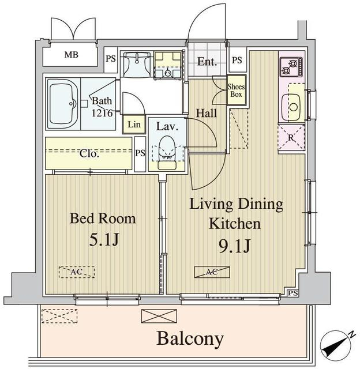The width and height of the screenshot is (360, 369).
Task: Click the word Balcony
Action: click(x=190, y=338)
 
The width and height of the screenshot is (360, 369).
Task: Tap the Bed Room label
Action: click(x=103, y=219)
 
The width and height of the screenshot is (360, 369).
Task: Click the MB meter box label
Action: click(x=72, y=55)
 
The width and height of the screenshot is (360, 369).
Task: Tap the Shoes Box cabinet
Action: click(x=236, y=91)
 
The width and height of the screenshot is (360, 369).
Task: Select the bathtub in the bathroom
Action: click(x=63, y=104)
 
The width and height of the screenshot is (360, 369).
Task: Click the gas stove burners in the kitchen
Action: click(x=288, y=67)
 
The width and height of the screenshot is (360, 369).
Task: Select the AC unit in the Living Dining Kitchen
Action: click(x=212, y=272)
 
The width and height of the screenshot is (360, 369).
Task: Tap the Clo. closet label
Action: click(x=89, y=154)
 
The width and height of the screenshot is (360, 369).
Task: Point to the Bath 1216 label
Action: click(x=104, y=105)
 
